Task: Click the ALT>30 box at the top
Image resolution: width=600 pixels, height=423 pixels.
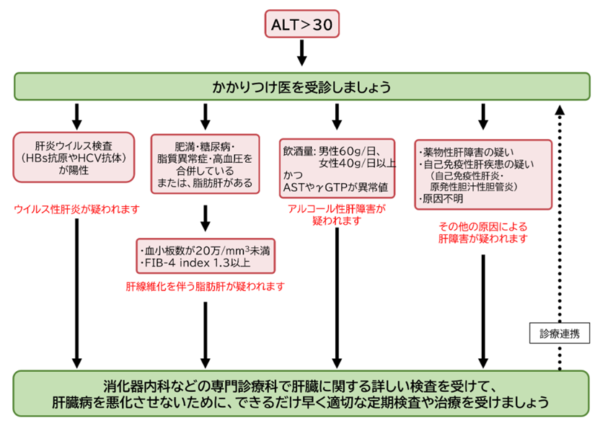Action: [x=302, y=24]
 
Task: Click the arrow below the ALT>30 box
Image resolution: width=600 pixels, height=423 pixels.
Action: [x=302, y=53]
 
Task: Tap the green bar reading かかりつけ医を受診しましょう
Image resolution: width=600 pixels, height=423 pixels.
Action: [x=302, y=86]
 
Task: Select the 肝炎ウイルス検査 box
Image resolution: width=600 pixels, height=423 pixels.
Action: [x=74, y=157]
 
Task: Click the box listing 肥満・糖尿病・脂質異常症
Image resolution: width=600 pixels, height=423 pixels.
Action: [x=205, y=164]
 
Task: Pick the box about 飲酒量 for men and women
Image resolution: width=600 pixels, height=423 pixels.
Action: [x=337, y=169]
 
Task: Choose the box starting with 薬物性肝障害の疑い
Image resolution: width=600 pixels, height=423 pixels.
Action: [x=483, y=175]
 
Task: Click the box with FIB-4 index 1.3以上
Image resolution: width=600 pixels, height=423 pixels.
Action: [x=206, y=257]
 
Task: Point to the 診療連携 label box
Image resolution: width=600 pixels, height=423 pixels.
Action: [x=560, y=334]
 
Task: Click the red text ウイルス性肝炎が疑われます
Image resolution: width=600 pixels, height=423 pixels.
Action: [x=76, y=209]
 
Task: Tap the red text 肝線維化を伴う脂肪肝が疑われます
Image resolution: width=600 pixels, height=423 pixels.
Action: [x=205, y=286]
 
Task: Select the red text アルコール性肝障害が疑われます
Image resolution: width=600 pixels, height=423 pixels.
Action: [x=337, y=215]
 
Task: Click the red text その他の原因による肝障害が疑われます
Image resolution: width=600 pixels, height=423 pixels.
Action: [x=483, y=233]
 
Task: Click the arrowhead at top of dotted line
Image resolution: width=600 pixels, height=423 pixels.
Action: [x=560, y=110]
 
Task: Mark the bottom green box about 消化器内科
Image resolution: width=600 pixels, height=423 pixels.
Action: [x=301, y=393]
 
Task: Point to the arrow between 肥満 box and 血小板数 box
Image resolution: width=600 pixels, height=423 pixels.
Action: [x=206, y=218]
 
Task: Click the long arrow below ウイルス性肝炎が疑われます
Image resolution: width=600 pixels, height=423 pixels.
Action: [x=77, y=294]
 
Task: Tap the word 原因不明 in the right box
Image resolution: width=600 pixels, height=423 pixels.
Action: [x=443, y=199]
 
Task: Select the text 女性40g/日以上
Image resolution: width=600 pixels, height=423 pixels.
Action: [x=358, y=164]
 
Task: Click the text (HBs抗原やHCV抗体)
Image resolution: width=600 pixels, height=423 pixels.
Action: [x=74, y=158]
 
